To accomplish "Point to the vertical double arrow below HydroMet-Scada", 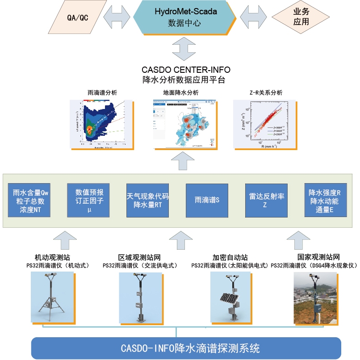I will [184, 49].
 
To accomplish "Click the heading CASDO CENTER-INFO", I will [186, 71].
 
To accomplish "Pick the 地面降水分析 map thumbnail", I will [183, 123].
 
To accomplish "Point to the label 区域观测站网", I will [139, 258].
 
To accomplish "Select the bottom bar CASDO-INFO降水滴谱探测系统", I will [184, 348].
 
